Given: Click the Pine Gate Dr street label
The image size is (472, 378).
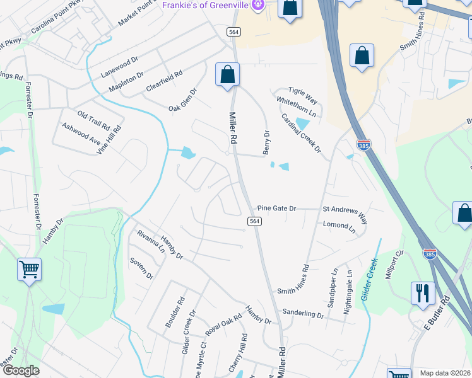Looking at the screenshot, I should point(276,209).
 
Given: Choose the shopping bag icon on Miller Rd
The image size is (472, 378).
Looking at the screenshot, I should point(227,74).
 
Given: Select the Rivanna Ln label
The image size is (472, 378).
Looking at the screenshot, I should point(151,241).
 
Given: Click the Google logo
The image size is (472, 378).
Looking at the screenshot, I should point(20,370).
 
